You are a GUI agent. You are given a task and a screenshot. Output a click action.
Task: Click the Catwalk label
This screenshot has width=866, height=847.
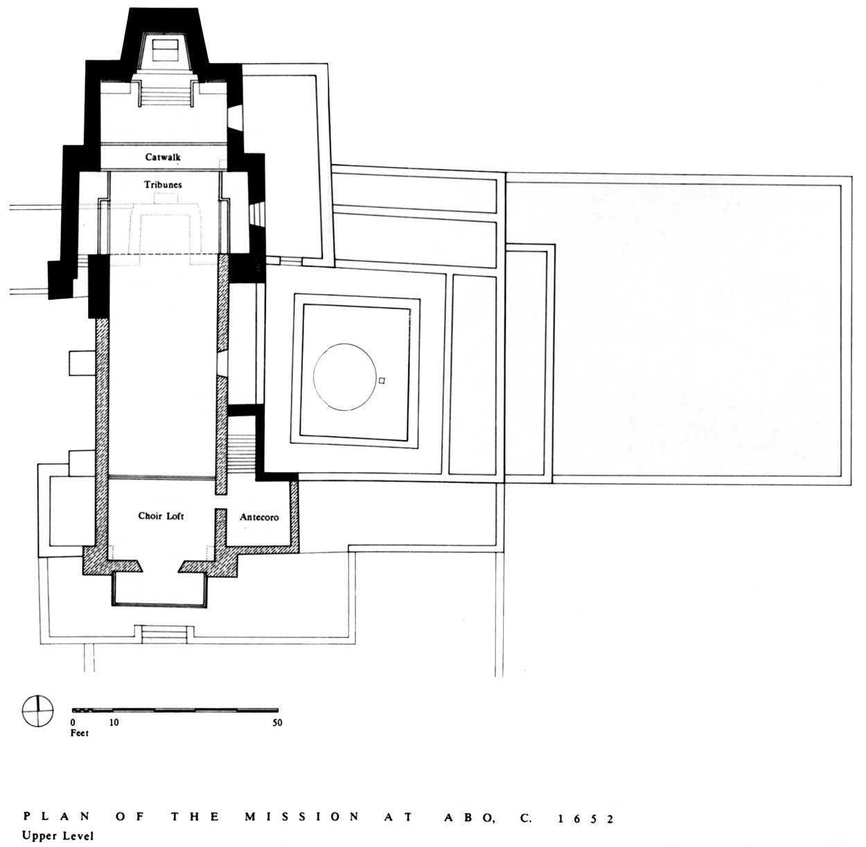coord(163,157)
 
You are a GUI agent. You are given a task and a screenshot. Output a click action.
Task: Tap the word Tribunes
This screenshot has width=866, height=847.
coord(163,184)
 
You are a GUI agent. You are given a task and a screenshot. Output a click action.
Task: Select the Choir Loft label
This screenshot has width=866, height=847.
coord(161,516)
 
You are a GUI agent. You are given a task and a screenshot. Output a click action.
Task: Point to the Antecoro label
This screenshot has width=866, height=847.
coord(259,517)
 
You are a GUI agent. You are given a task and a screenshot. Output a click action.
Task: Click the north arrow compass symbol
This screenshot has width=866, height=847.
coord(38,711)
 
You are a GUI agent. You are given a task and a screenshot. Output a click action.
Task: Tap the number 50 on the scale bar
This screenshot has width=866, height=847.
coord(277,722)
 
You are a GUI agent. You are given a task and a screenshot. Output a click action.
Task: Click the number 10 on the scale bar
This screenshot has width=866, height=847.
coord(114,722)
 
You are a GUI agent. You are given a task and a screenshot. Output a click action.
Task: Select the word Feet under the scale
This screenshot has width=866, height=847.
coord(79,733)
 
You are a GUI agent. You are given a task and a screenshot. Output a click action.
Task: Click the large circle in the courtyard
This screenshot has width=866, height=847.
coord(313,377)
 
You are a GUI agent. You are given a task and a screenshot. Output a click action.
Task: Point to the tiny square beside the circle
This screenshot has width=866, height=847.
coord(381,381)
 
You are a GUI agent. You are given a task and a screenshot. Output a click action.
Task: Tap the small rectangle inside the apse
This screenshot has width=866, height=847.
coord(165,51)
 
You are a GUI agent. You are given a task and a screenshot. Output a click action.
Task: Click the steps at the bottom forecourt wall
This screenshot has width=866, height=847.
coord(164,634)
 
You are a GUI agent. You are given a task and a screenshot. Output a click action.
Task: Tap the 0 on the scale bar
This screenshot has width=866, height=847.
coord(73,722)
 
